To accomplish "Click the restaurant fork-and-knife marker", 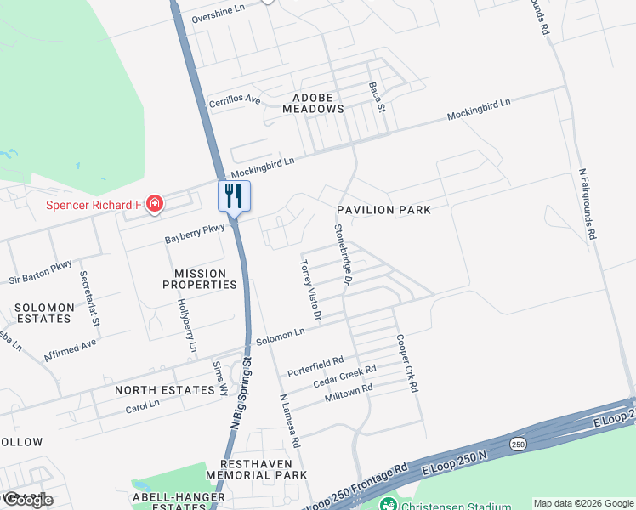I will pyautogui.click(x=234, y=196).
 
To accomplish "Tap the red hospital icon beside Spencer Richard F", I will pyautogui.click(x=155, y=204).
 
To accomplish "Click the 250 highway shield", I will pyautogui.click(x=518, y=444).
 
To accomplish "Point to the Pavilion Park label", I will pyautogui.click(x=383, y=209).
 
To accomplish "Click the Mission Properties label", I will pyautogui.click(x=200, y=279).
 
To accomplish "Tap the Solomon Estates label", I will pyautogui.click(x=42, y=312).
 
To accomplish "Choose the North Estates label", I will pyautogui.click(x=165, y=390).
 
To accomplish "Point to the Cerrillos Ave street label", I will pyautogui.click(x=235, y=100).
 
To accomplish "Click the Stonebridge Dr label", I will pyautogui.click(x=344, y=253).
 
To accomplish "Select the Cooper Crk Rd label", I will pyautogui.click(x=406, y=362).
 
